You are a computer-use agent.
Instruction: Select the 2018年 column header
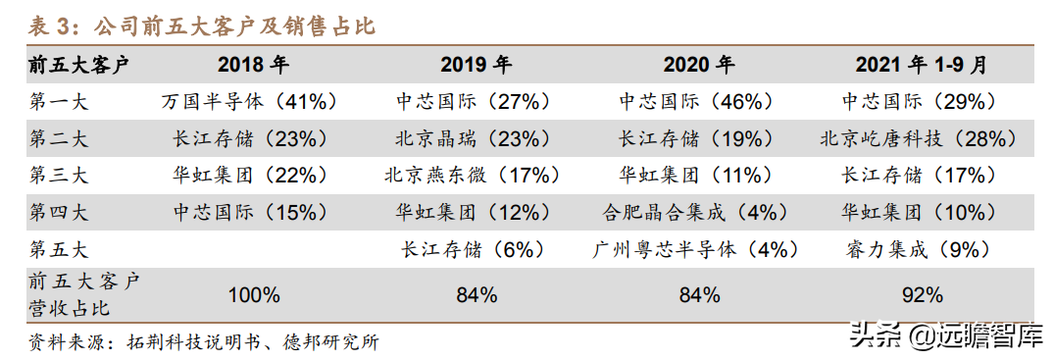coord(253,66)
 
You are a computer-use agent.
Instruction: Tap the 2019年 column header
coord(476,66)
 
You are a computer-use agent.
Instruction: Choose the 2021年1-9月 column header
coord(920,66)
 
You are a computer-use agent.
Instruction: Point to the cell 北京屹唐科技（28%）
coord(919,138)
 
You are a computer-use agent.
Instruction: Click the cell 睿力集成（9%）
coord(919,249)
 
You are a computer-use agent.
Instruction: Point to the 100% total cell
coord(254,294)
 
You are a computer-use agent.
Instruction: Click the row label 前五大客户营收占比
coord(83,294)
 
